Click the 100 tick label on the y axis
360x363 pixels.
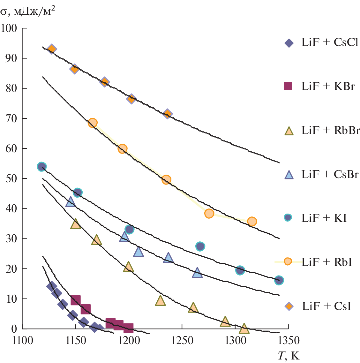coord(9,28)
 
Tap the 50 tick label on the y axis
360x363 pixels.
coord(11,178)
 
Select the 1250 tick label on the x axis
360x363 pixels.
coord(182,341)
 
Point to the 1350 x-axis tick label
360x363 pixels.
coord(288,341)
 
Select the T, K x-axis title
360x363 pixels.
coord(289,356)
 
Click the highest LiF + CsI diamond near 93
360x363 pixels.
coord(52,49)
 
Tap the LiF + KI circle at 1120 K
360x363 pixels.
coord(41,166)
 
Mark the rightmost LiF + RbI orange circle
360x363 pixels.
coord(252,221)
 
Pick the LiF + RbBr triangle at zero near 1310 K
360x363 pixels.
coord(244,328)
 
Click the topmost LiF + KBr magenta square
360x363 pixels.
coord(76,300)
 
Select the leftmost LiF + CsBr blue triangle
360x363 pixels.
coord(71,202)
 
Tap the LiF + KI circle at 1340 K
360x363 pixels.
coord(279,280)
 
